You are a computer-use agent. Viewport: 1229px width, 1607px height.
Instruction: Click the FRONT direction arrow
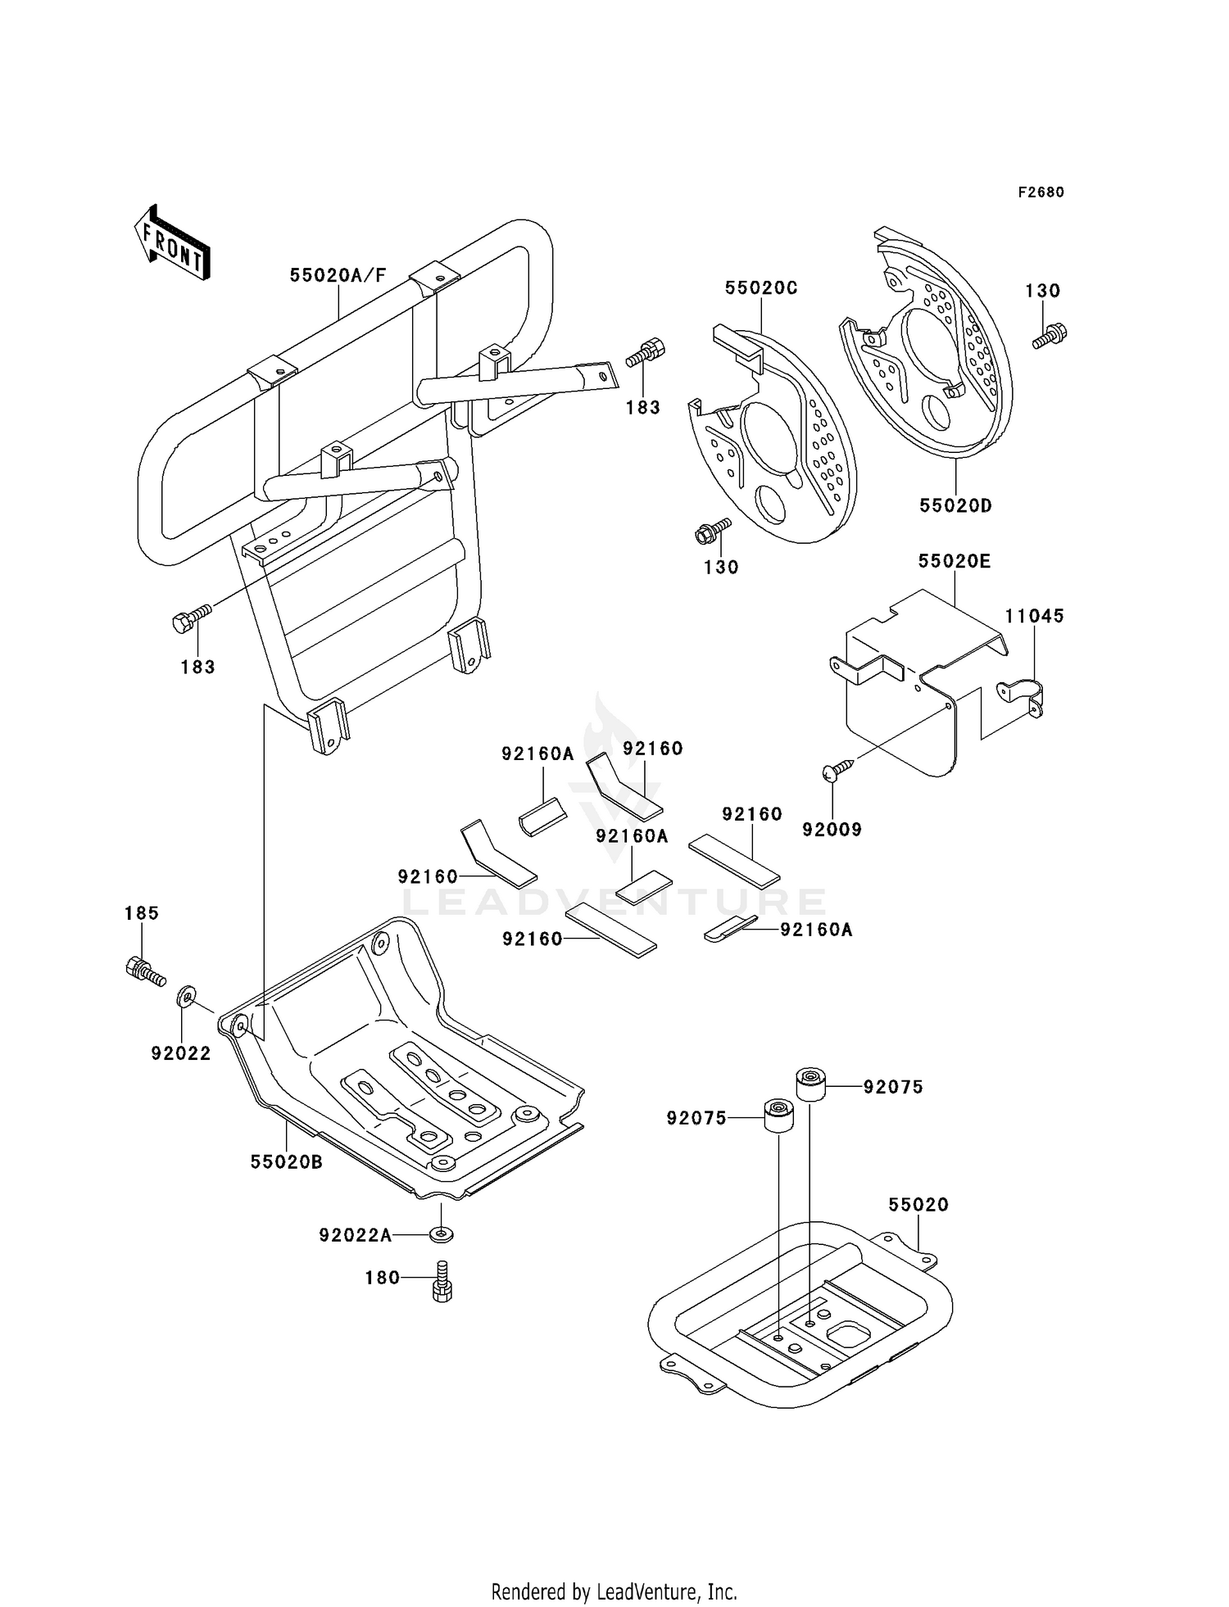click(x=171, y=244)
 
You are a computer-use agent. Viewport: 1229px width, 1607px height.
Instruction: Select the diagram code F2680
click(x=1041, y=192)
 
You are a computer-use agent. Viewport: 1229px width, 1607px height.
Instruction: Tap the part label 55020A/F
click(x=338, y=275)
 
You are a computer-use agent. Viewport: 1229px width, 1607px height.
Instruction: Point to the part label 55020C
click(x=761, y=288)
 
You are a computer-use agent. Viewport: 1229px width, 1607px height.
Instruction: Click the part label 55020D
click(x=955, y=506)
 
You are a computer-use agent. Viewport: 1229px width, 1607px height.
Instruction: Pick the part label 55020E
click(x=955, y=561)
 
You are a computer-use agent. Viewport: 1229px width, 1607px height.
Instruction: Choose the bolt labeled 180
click(x=442, y=1280)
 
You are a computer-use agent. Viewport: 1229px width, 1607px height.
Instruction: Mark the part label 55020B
click(x=286, y=1161)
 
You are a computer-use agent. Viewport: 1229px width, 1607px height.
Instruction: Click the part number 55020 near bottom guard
click(x=918, y=1205)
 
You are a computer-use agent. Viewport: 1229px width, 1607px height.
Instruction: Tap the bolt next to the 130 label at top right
click(x=1050, y=335)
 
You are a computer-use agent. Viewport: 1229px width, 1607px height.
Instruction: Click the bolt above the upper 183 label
click(x=646, y=354)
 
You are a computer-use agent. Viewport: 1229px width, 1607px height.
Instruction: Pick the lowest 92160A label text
click(x=816, y=930)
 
